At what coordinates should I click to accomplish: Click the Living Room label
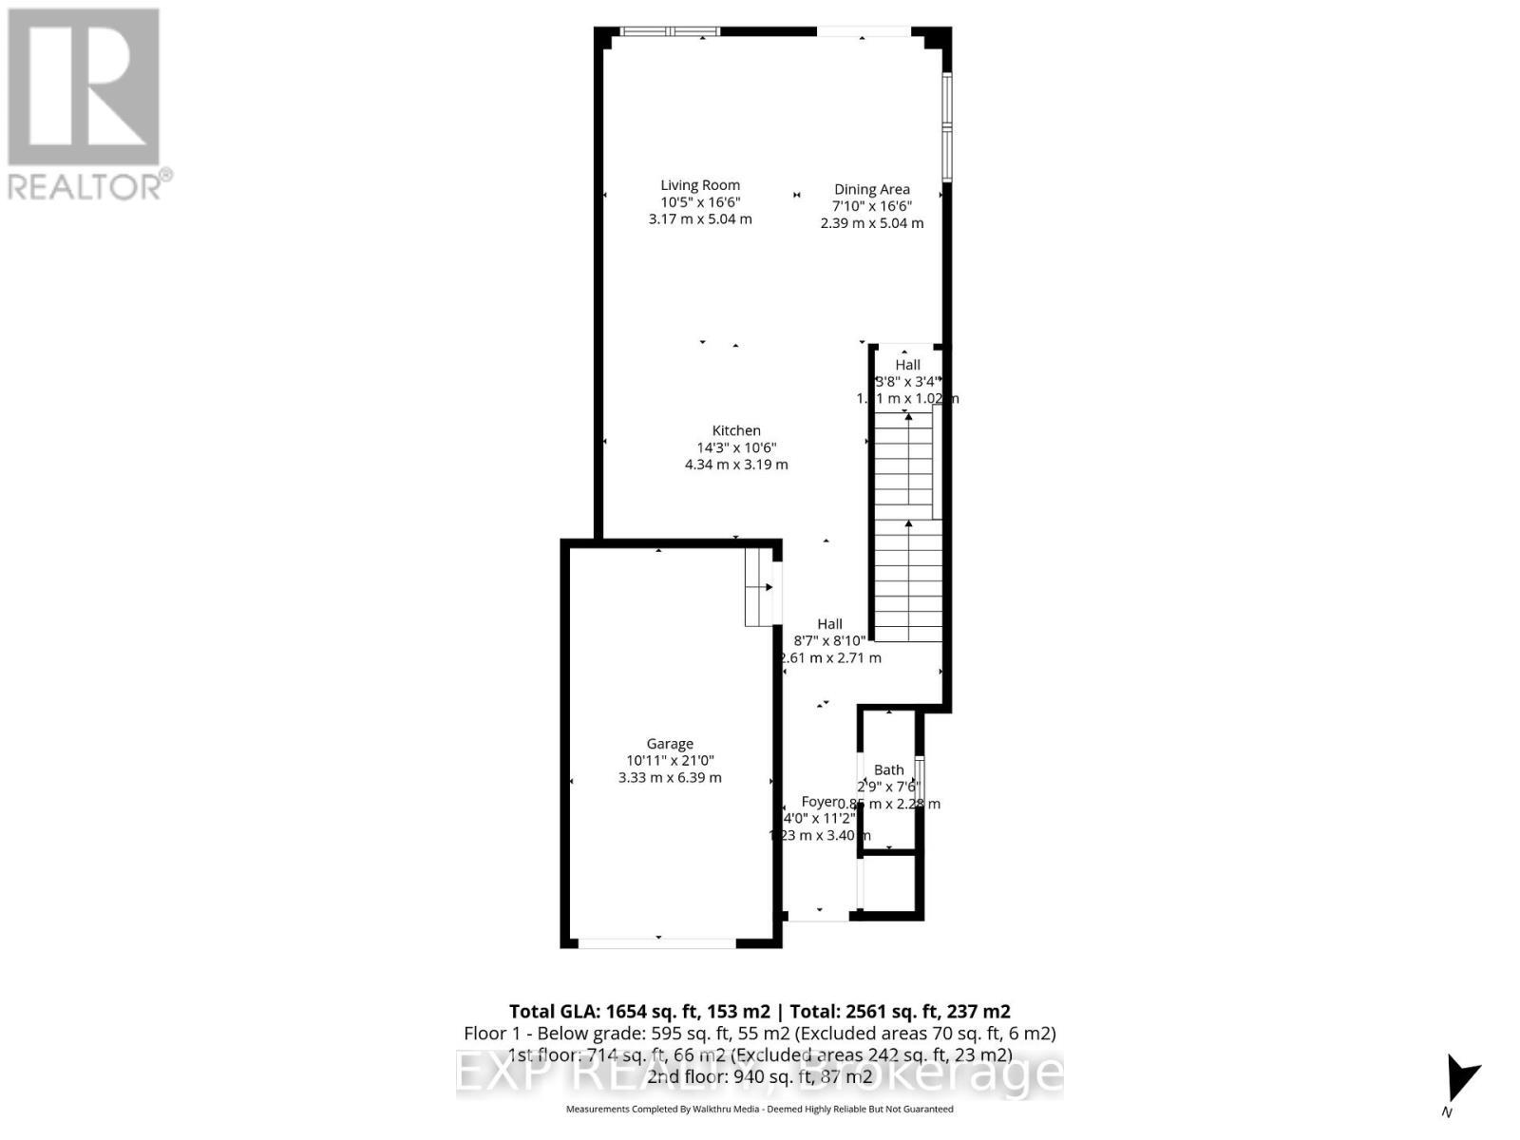[700, 185]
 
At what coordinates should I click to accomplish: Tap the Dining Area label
[872, 189]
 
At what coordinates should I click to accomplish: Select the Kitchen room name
[736, 430]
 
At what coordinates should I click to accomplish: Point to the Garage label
[670, 744]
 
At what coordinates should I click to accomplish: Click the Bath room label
[889, 769]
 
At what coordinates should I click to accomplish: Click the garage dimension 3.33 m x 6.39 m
[670, 777]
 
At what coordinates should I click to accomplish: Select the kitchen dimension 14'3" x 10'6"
[736, 447]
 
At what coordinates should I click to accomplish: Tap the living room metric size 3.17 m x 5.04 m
[700, 219]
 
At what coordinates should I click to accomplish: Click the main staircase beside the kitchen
[908, 527]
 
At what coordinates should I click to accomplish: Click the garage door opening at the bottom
[656, 942]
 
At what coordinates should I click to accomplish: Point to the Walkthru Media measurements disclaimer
[760, 1109]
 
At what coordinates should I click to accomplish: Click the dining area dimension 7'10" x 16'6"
[872, 206]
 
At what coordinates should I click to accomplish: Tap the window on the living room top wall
[670, 31]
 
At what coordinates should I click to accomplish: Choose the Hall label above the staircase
[908, 365]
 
